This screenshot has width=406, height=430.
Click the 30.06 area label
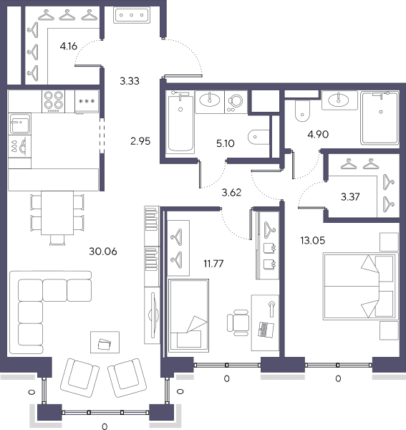pyautogui.click(x=103, y=252)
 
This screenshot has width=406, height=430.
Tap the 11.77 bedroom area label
pyautogui.click(x=213, y=264)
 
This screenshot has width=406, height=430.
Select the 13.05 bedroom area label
pyautogui.click(x=313, y=241)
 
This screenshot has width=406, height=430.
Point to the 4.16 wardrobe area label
pyautogui.click(x=69, y=46)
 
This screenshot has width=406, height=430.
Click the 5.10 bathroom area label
pyautogui.click(x=225, y=143)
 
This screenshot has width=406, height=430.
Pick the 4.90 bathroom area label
pyautogui.click(x=318, y=135)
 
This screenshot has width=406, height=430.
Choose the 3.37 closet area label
pyautogui.click(x=350, y=196)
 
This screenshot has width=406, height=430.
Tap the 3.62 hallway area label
pyautogui.click(x=231, y=193)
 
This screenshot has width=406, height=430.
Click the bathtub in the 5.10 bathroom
pyautogui.click(x=180, y=122)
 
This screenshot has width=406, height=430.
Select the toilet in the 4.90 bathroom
pyautogui.click(x=302, y=110)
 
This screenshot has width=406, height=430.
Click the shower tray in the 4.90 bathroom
pyautogui.click(x=380, y=118)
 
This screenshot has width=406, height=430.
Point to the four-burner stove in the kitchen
pyautogui.click(x=54, y=101)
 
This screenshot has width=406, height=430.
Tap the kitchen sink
pyautogui.click(x=20, y=124)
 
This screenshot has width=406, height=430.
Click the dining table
pyautogui.click(x=57, y=213)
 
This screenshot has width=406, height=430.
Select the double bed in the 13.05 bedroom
pyautogui.click(x=360, y=287)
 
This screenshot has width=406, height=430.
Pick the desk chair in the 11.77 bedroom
pyautogui.click(x=238, y=322)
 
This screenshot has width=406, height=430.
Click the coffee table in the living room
pyautogui.click(x=105, y=342)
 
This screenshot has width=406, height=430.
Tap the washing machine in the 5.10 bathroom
pyautogui.click(x=236, y=102)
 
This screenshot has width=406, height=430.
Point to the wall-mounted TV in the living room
pyautogui.click(x=153, y=315)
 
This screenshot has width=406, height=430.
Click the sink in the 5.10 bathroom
pyautogui.click(x=210, y=100)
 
